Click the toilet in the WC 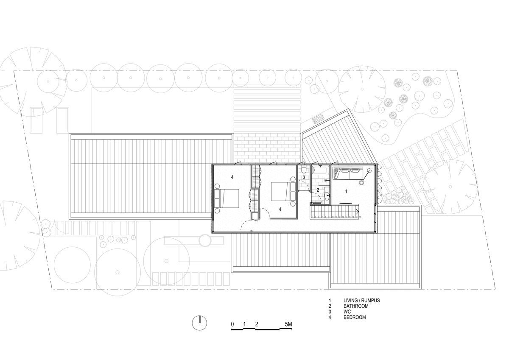pyautogui.click(x=304, y=170)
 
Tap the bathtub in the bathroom pyautogui.click(x=321, y=170)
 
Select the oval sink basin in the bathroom pyautogui.click(x=327, y=196)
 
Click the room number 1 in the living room pyautogui.click(x=346, y=192)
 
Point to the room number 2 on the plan pyautogui.click(x=318, y=190)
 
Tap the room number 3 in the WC pyautogui.click(x=304, y=177)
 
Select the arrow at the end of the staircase pyautogui.click(x=358, y=212)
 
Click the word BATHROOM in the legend pyautogui.click(x=356, y=306)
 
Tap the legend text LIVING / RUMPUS pyautogui.click(x=361, y=300)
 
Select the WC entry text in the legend pyautogui.click(x=347, y=312)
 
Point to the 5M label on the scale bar pyautogui.click(x=288, y=324)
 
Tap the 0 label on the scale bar pyautogui.click(x=232, y=324)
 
